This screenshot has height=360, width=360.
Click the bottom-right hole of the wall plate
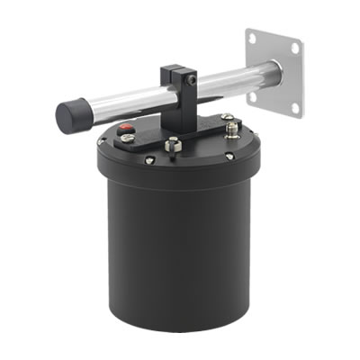pos(294,107)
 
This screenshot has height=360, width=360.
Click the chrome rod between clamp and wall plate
pos(229,82)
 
